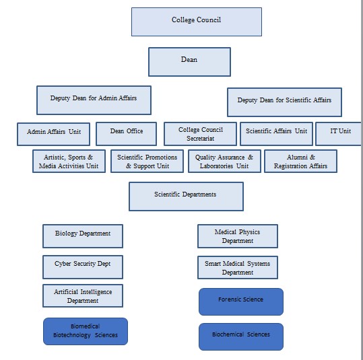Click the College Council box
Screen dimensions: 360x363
click(196, 22)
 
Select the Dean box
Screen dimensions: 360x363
click(189, 61)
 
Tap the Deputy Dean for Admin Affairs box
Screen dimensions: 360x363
click(94, 100)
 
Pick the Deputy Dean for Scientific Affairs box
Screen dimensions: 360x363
click(284, 102)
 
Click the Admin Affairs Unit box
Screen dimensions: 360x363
click(54, 133)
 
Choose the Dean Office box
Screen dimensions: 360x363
click(127, 133)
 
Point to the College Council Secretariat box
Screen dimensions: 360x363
click(200, 133)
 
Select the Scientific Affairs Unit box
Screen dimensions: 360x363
click(276, 133)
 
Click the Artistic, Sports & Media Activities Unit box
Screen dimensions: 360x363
click(69, 161)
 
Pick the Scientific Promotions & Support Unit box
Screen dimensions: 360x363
click(147, 161)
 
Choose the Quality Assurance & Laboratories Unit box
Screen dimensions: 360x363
click(224, 161)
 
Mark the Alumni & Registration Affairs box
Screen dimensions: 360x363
click(300, 161)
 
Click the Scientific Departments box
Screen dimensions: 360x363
click(186, 196)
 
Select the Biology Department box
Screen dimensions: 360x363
click(83, 236)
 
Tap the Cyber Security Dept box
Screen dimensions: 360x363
click(83, 266)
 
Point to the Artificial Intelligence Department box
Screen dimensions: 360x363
click(83, 296)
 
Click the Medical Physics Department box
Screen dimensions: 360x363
click(237, 236)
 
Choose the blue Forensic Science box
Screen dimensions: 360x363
click(240, 301)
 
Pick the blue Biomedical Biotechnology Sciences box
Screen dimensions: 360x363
click(85, 331)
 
